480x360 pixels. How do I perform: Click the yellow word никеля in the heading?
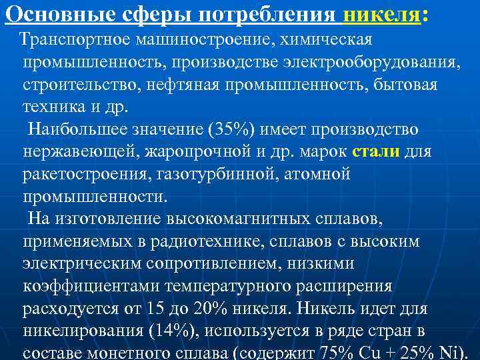click(381, 14)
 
